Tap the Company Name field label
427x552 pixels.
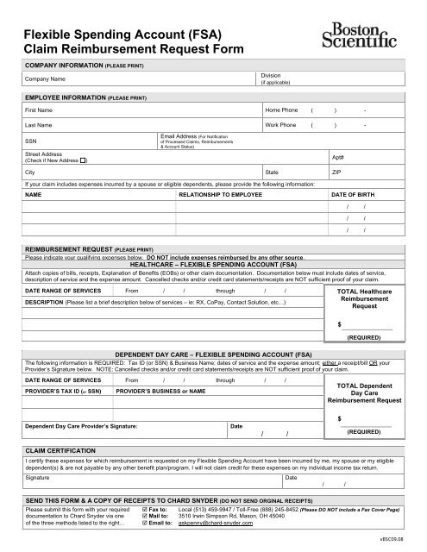click(x=49, y=78)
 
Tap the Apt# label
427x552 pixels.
click(x=338, y=156)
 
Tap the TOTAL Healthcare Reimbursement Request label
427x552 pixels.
click(x=367, y=301)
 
